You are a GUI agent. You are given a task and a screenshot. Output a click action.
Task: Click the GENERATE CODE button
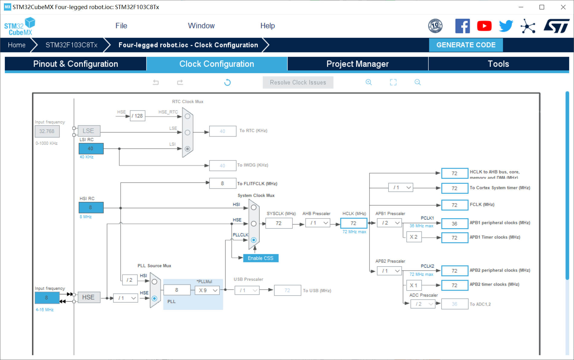click(x=466, y=45)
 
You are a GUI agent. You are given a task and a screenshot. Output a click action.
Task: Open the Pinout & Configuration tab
click(x=76, y=64)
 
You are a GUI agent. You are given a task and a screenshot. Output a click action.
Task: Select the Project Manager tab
click(x=357, y=64)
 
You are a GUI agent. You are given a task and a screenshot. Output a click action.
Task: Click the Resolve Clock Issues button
click(x=298, y=83)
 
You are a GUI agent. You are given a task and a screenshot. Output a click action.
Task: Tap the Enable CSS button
click(x=260, y=258)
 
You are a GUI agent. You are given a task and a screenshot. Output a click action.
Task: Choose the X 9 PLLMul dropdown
click(x=208, y=290)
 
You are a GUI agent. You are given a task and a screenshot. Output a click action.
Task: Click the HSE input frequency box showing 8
click(x=47, y=298)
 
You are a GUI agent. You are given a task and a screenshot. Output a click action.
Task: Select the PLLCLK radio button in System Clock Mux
click(x=254, y=240)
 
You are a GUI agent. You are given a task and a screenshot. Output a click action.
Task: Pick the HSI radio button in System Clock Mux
click(x=254, y=208)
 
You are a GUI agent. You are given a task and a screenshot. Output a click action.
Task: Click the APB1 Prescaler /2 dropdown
click(x=390, y=223)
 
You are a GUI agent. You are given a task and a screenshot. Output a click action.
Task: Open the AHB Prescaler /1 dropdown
click(x=318, y=223)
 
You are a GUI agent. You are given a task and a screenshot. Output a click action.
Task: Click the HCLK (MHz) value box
click(x=353, y=223)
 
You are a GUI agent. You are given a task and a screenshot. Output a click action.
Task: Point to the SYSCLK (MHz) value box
click(x=279, y=223)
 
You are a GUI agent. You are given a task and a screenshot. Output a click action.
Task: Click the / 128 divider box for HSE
click(x=137, y=116)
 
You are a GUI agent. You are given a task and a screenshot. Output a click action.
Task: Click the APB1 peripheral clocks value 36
click(x=454, y=224)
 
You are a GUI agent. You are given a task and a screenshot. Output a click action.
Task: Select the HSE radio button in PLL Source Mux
click(x=154, y=298)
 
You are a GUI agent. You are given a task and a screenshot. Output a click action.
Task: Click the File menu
click(x=121, y=26)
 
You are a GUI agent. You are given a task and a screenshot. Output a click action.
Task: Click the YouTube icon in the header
click(x=484, y=26)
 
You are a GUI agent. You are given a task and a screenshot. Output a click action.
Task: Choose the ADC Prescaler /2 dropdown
click(x=423, y=304)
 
